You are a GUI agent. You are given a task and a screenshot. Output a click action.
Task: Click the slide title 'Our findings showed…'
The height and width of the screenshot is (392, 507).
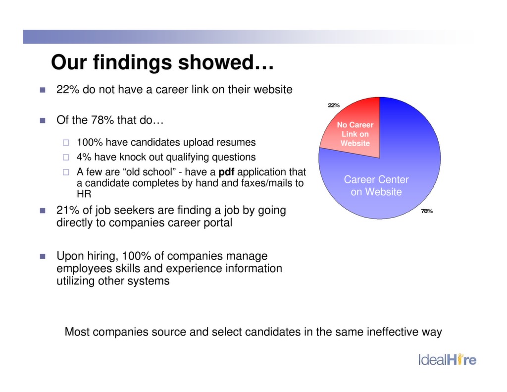pos(162,63)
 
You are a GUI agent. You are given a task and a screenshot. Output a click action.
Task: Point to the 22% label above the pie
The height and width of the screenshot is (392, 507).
pos(333,105)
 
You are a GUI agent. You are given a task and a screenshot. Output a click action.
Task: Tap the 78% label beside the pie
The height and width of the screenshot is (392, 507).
pos(427,211)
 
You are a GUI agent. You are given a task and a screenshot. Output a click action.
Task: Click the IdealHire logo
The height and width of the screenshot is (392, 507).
pos(447,359)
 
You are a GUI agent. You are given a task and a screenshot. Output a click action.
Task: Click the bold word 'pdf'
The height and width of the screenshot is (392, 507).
pos(226,172)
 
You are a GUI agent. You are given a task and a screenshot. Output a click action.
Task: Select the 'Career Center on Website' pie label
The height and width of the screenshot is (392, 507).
pos(376,185)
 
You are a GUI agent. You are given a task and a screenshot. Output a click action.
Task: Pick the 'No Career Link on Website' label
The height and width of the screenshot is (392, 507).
pos(355,134)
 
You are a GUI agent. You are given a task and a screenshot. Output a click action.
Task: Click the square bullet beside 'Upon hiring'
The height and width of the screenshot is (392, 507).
pos(42,257)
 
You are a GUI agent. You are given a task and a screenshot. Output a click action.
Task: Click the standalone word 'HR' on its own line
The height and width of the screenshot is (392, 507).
pos(84,194)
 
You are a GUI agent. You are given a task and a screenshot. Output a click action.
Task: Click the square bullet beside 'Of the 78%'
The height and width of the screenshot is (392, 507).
pos(42,120)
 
